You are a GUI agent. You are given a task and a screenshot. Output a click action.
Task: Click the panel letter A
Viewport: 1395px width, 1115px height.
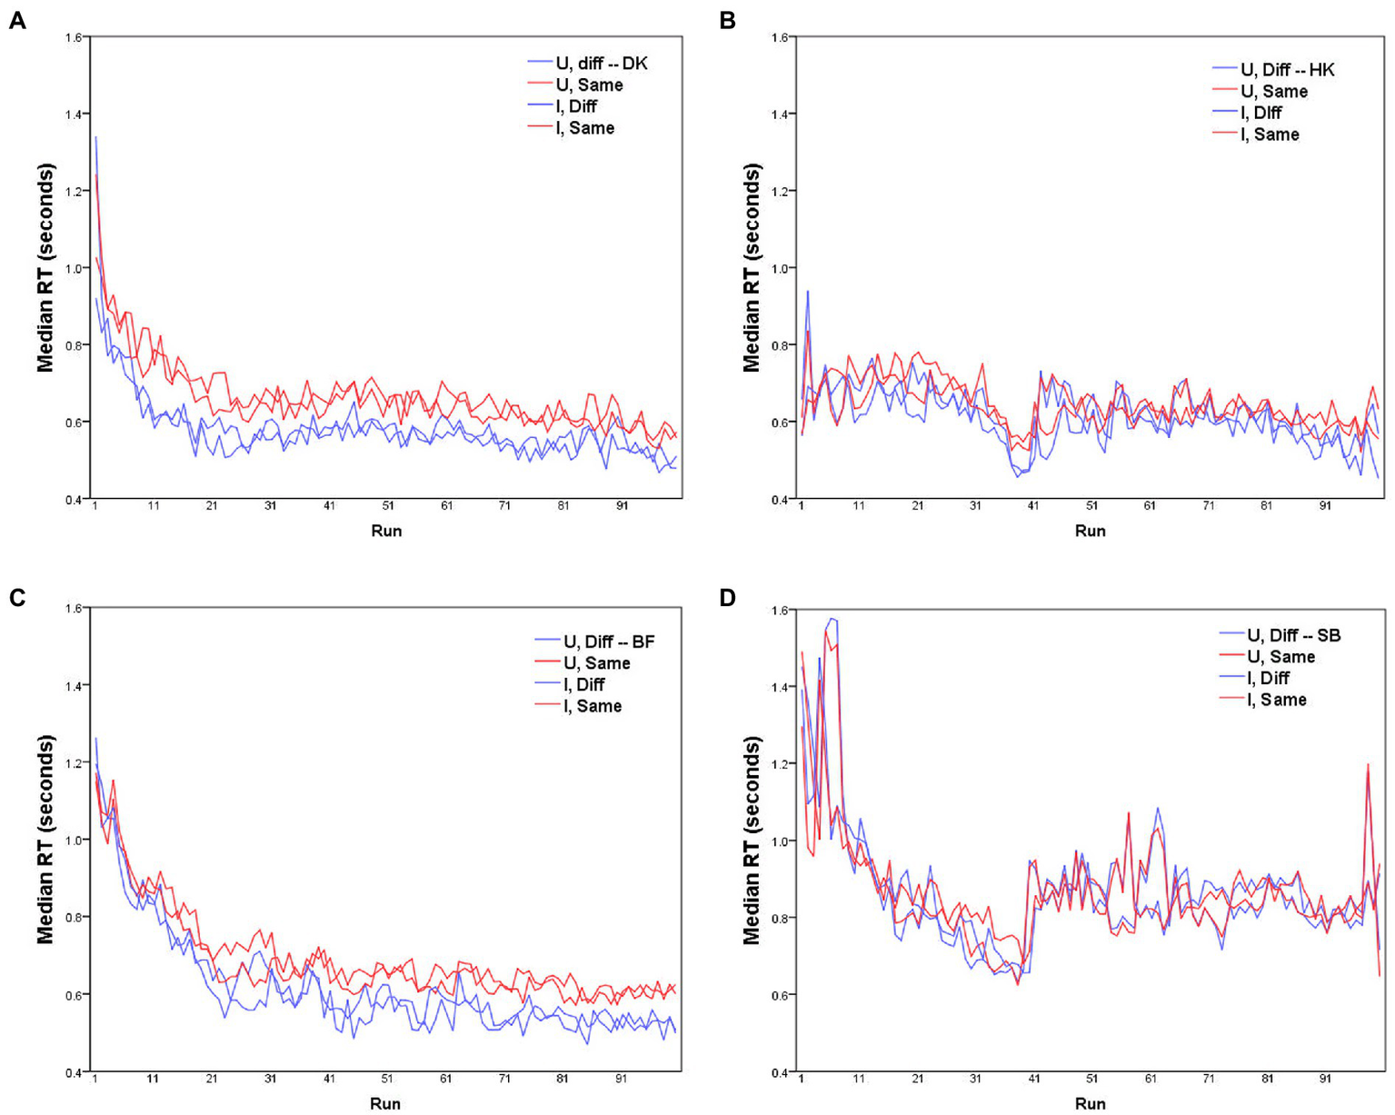pos(16,20)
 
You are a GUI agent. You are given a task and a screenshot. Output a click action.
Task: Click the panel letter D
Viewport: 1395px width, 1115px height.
pos(727,597)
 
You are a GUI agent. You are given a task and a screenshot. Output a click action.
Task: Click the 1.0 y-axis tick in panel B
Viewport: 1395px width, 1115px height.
pos(777,268)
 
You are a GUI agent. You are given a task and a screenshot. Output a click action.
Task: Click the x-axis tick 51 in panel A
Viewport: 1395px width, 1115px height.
pos(388,505)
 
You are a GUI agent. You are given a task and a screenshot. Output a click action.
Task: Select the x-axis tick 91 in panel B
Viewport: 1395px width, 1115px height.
pos(1325,505)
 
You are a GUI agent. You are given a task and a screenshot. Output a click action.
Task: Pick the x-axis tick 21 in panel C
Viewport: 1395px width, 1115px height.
pos(212,1079)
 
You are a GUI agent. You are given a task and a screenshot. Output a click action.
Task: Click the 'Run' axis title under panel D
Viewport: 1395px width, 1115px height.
pos(1091,1103)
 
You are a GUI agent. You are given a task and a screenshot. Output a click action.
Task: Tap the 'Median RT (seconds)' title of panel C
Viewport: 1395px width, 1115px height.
pos(45,840)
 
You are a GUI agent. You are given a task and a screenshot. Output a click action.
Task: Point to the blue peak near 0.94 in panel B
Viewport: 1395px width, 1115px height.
pos(807,293)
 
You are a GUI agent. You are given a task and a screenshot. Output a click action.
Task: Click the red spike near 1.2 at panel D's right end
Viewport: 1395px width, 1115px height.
pos(1367,765)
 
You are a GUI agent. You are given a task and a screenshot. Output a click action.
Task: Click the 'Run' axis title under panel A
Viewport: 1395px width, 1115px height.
pos(386,530)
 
